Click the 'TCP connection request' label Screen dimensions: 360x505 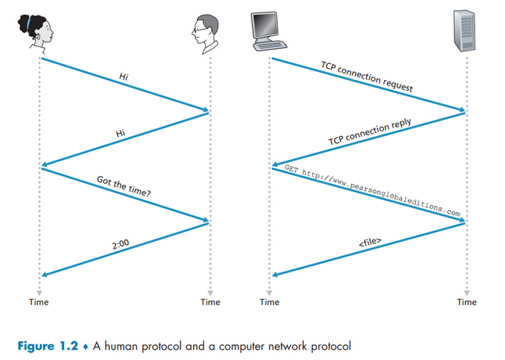367,76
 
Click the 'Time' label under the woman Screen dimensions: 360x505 39,302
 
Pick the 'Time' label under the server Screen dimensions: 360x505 467,302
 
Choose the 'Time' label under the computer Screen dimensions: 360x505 270,302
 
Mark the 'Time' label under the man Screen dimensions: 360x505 210,302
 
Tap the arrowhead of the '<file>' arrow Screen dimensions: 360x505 276,275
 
